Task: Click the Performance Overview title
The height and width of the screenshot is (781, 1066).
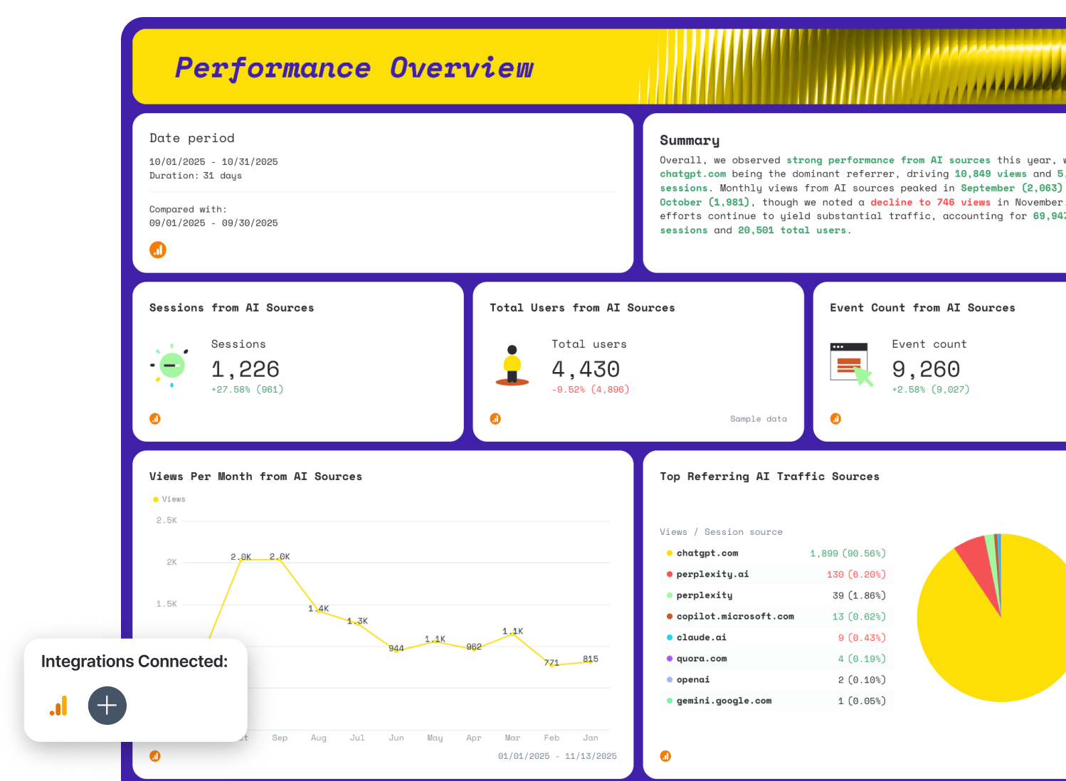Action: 354,68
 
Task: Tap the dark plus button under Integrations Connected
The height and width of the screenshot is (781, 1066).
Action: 107,706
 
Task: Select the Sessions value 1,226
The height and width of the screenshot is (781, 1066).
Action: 245,369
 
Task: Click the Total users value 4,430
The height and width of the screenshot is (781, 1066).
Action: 585,369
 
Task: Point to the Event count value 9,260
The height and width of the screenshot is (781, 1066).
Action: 925,369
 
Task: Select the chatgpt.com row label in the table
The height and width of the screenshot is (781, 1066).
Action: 707,553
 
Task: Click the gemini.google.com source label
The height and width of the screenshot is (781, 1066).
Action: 723,701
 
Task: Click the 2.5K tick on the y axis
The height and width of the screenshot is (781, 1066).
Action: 167,521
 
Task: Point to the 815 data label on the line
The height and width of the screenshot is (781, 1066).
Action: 591,659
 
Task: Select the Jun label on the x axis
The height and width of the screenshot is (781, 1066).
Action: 396,738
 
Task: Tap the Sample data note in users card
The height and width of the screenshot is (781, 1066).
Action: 758,419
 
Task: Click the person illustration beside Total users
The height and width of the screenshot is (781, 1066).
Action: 512,365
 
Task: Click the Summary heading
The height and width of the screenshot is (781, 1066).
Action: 689,141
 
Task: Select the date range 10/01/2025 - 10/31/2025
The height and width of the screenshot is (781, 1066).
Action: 213,162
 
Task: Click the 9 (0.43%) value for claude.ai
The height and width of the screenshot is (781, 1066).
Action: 861,638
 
